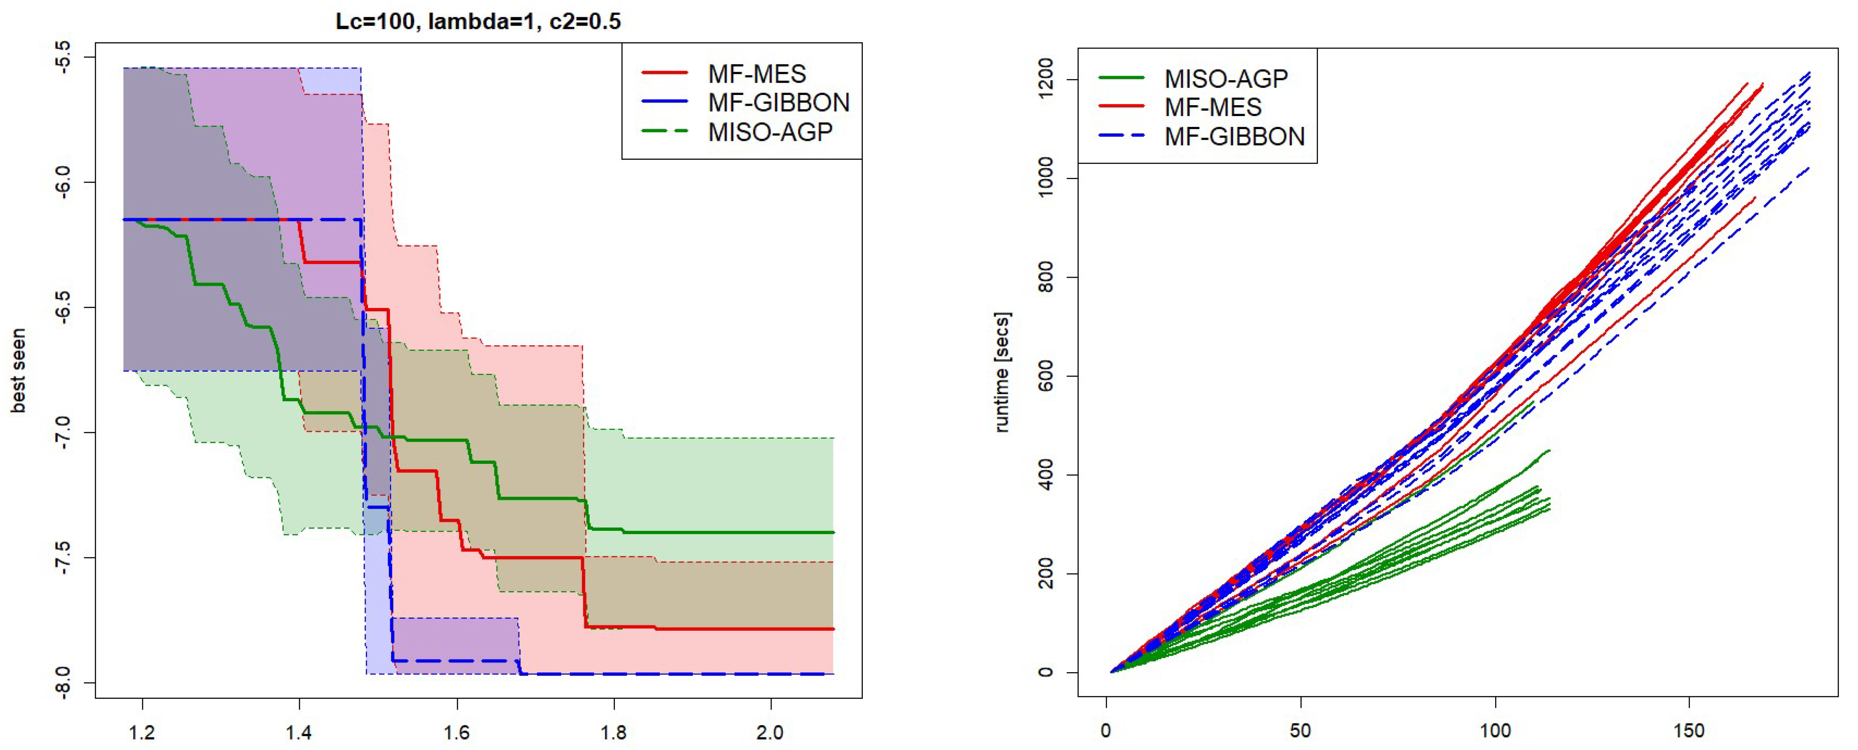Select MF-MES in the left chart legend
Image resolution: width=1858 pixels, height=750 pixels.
pos(757,73)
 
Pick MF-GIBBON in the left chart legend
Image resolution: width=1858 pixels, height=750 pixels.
pos(778,103)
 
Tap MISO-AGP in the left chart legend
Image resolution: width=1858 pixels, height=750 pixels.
pos(770,132)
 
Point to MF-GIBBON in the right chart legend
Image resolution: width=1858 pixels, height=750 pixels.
pos(1234,136)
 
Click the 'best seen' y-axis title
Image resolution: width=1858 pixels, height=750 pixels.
pos(18,371)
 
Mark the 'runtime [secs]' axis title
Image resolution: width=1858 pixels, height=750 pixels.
pos(1002,372)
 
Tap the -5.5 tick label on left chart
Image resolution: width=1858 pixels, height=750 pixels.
pos(63,56)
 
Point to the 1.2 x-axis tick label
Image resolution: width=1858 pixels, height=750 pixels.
pos(142,733)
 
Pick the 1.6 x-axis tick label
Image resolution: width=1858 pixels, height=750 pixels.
pos(456,733)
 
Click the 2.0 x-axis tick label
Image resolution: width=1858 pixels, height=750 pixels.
pos(770,733)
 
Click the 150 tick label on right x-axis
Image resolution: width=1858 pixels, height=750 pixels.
pos(1689,731)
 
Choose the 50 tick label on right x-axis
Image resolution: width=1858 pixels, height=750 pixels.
pos(1300,731)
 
